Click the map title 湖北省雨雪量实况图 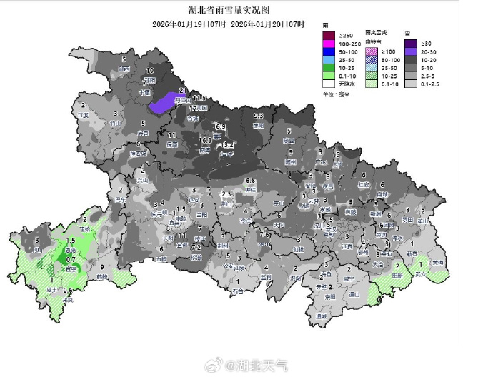(230, 11)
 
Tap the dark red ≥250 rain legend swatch (329, 36)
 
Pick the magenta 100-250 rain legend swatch (329, 45)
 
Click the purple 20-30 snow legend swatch (410, 52)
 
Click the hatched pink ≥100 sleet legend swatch (370, 51)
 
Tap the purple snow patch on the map (165, 103)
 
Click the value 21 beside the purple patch (183, 91)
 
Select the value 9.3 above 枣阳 (259, 116)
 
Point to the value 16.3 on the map (206, 141)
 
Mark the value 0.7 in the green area (71, 259)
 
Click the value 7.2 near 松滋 (196, 248)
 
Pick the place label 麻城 (382, 193)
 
